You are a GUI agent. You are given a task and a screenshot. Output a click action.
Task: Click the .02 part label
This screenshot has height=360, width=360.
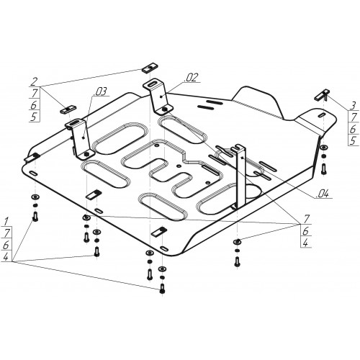coord(191,78)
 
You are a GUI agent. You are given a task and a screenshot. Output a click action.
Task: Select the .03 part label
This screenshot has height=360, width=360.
coord(101,92)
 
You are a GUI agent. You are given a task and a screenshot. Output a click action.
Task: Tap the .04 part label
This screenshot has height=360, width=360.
coord(323,194)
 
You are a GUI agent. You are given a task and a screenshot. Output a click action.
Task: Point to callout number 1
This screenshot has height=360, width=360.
coord(6,221)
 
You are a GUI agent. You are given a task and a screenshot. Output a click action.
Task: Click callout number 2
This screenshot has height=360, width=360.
coord(34,81)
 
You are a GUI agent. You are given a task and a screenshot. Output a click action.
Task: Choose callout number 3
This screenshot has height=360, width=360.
coord(352,105)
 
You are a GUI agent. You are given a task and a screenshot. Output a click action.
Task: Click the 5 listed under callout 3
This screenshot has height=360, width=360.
coord(353,141)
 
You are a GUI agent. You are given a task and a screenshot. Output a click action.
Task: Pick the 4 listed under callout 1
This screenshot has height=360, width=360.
coord(6,257)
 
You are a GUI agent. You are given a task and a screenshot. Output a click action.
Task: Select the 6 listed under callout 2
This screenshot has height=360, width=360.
coord(34,105)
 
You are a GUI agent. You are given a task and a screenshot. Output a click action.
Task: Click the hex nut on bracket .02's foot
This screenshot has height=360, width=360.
coord(165,109)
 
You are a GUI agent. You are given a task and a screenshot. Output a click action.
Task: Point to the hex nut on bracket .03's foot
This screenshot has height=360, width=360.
coord(87,154)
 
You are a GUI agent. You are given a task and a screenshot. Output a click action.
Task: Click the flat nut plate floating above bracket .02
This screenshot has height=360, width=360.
coord(149,68)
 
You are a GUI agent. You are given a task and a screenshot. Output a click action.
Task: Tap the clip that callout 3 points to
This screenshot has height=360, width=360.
coord(323,95)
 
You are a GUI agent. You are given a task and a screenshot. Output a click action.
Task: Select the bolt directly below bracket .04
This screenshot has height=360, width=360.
coord(238,261)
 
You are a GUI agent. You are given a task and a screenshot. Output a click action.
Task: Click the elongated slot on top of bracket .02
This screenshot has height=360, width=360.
coord(152,84)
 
